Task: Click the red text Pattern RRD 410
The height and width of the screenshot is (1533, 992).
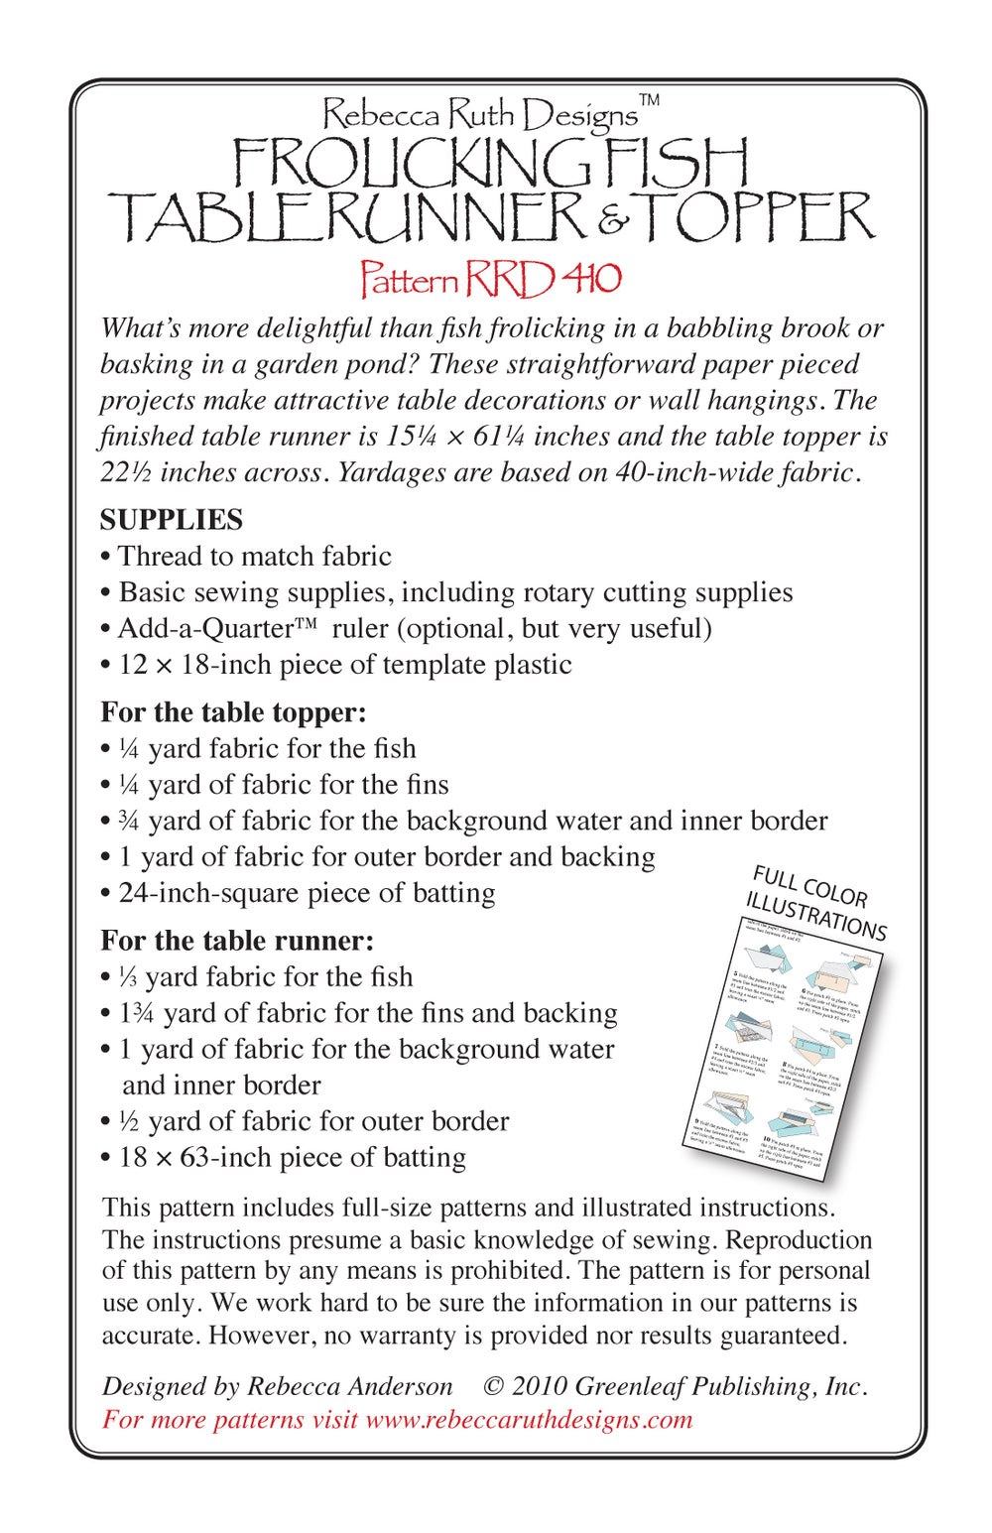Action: tap(490, 280)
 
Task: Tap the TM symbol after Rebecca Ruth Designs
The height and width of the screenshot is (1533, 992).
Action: tap(649, 100)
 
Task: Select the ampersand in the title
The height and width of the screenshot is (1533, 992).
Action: tap(613, 221)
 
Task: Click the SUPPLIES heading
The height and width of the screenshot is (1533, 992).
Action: tap(171, 520)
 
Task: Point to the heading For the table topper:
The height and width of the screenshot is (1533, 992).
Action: tap(233, 712)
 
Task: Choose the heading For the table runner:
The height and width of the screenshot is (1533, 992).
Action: tap(237, 941)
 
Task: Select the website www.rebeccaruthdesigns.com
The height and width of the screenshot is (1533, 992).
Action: tap(529, 1420)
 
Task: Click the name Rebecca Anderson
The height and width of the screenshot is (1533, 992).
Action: tap(349, 1386)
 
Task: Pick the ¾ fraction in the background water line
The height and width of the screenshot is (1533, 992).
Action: tap(128, 822)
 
